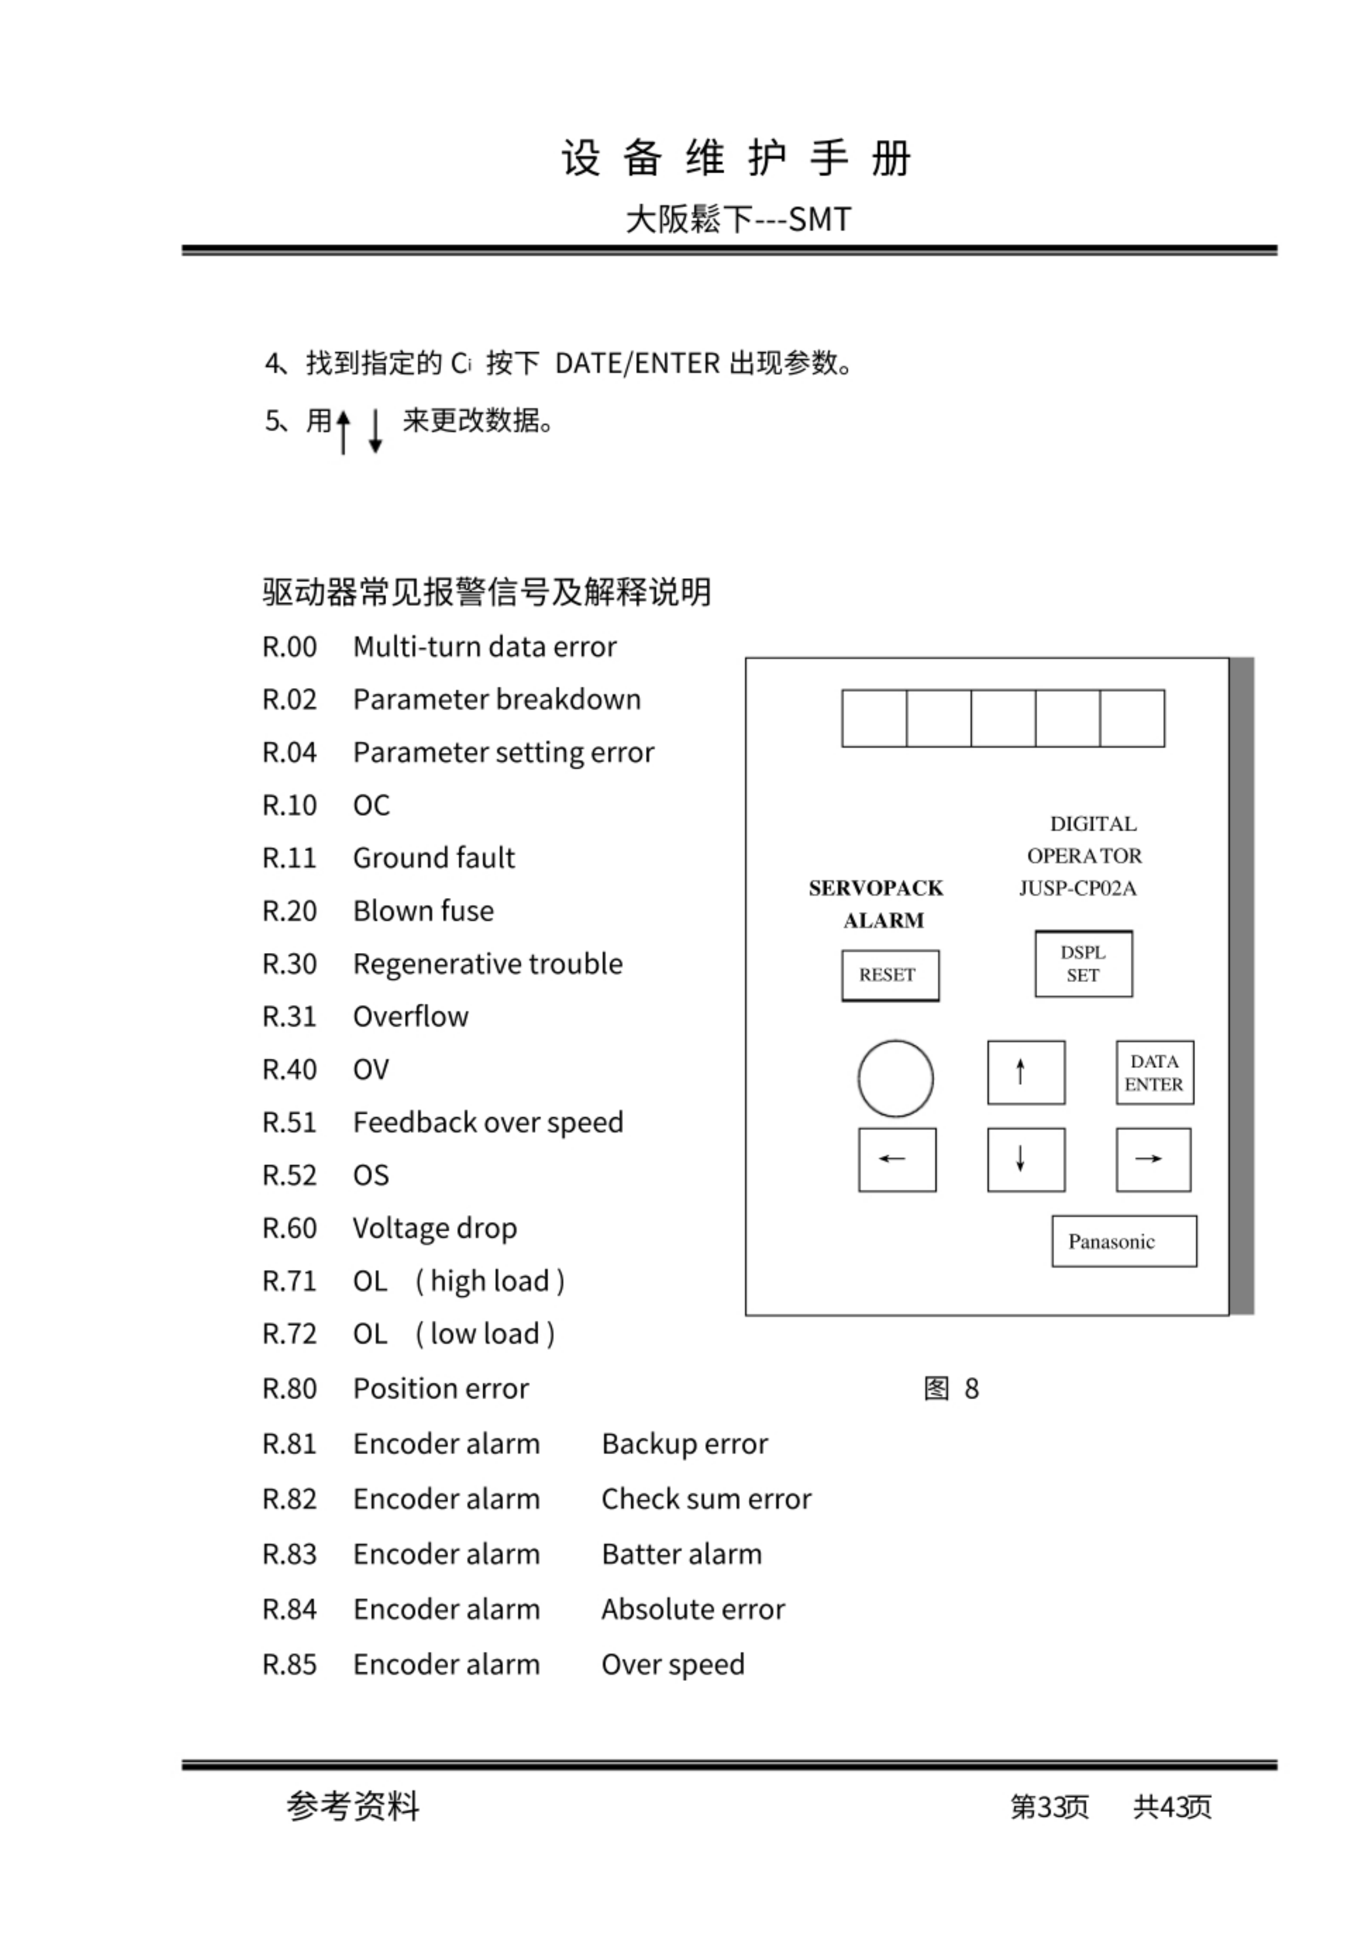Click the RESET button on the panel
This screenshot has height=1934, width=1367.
click(889, 975)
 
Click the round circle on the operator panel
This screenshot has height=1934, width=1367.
click(895, 1078)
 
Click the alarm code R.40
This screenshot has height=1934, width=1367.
click(289, 1070)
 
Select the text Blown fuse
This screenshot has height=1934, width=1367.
click(423, 911)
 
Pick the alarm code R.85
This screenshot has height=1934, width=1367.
click(289, 1665)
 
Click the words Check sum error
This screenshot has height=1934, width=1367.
click(705, 1499)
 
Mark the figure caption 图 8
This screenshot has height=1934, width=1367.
click(951, 1388)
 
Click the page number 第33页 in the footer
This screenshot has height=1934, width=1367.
click(1049, 1806)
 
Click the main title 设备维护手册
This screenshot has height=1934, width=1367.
click(736, 158)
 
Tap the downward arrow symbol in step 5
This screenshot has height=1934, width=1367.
click(376, 431)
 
